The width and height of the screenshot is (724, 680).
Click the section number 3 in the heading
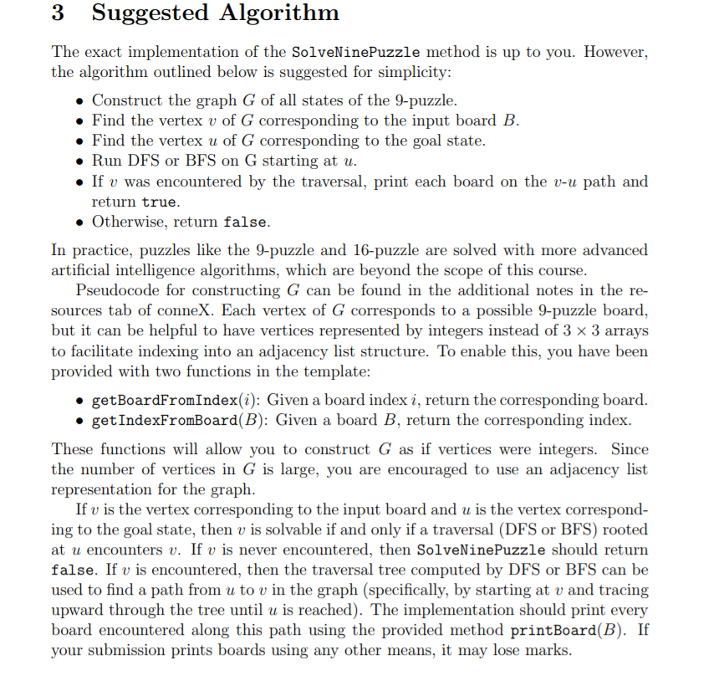tap(59, 14)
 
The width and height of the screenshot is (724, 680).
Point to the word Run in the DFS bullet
tap(106, 161)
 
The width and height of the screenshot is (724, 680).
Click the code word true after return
tap(160, 202)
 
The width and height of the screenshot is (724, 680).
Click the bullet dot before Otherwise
tap(79, 222)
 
